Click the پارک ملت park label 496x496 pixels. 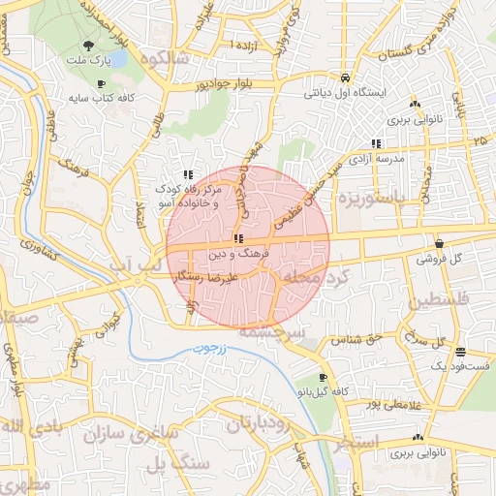88,61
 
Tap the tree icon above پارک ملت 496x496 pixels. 89,45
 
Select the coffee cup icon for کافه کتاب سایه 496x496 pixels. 101,83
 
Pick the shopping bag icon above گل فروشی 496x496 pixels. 441,244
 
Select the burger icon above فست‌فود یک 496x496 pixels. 459,353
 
